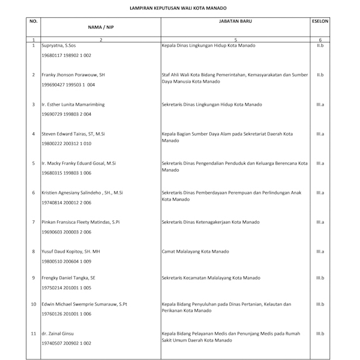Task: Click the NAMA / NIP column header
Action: click(101, 26)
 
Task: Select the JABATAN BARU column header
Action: click(235, 20)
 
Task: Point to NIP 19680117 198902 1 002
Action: click(66, 55)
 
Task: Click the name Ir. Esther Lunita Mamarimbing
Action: click(73, 104)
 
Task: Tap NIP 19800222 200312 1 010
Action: click(66, 143)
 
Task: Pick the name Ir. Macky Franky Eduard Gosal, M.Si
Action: click(78, 163)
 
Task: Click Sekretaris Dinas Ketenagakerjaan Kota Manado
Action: click(211, 222)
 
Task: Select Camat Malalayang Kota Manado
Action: click(197, 251)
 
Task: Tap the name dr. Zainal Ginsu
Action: click(58, 334)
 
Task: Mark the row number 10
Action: click(34, 304)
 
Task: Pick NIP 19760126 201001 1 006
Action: click(66, 314)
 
